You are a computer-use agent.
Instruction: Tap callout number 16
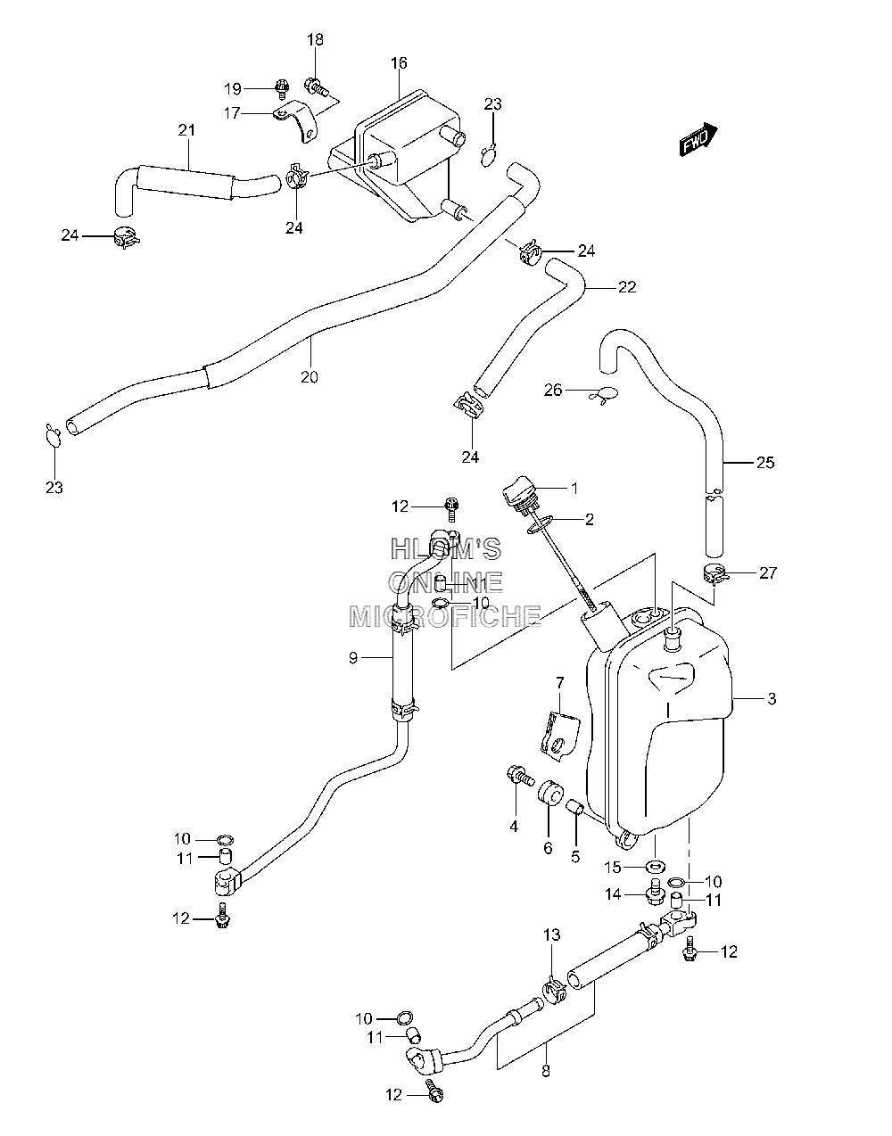(399, 63)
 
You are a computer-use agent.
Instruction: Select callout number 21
(186, 130)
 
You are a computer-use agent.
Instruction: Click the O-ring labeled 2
(541, 524)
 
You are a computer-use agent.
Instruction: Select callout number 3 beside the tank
(772, 698)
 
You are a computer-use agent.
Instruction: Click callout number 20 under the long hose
(309, 377)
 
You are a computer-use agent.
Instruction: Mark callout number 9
(353, 658)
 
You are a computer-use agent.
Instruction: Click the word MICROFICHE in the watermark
(444, 617)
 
